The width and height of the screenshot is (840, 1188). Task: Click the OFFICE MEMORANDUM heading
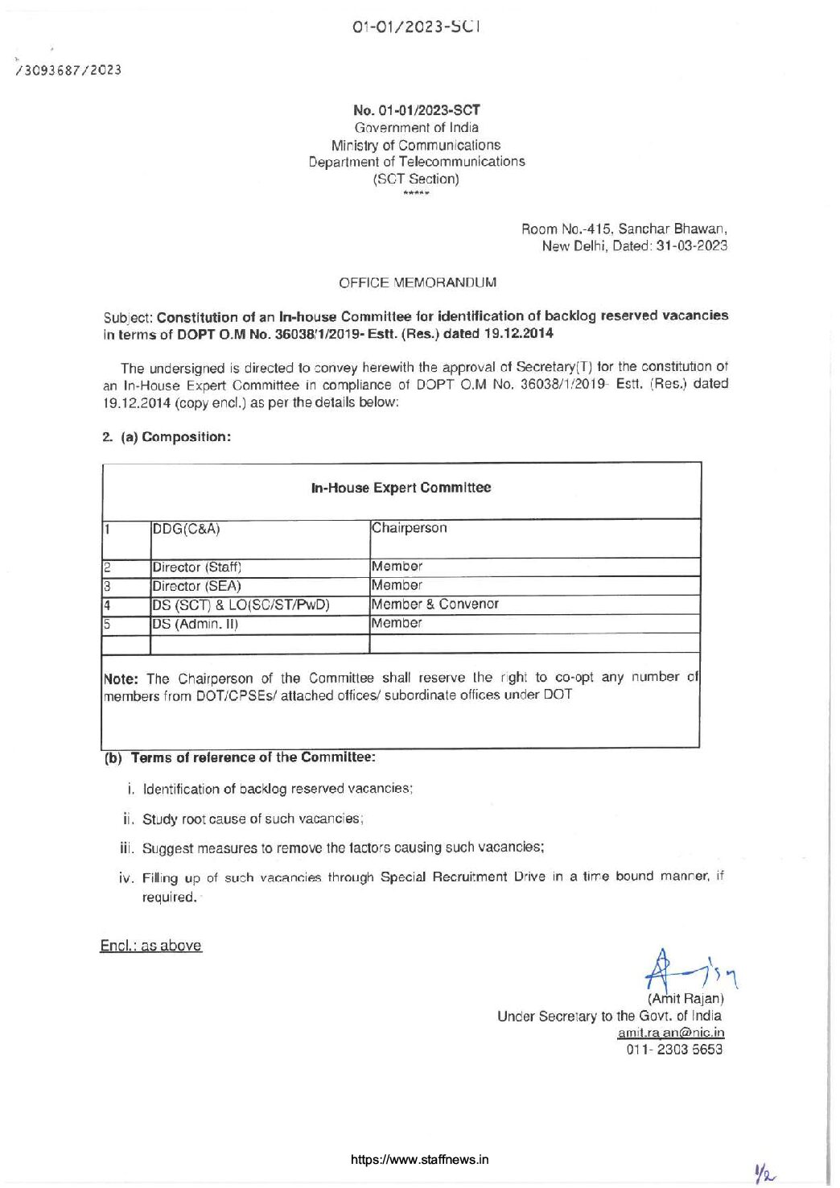coord(418,283)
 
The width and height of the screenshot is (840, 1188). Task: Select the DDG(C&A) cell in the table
coord(186,529)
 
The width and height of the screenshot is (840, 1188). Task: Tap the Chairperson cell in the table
coord(409,528)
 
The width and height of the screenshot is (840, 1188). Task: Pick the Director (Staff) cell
coord(197,567)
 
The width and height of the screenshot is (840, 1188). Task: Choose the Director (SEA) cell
coord(197,586)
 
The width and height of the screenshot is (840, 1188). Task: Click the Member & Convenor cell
coord(435,604)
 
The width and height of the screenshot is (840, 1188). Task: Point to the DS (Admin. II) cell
coord(196,624)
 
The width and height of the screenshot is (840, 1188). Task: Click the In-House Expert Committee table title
coord(401,488)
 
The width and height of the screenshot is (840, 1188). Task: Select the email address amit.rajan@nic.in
coord(671,1033)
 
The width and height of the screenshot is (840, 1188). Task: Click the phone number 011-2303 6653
coord(674,1050)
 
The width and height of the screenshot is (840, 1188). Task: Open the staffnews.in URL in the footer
coord(419,1160)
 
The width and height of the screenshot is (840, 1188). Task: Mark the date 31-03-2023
coord(692,246)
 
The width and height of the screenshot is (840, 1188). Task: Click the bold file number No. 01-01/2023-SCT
coord(417,110)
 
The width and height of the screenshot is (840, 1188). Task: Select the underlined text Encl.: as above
coord(150,946)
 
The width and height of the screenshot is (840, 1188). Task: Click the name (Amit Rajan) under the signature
coord(686,999)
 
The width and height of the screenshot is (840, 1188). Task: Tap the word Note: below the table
coord(121,679)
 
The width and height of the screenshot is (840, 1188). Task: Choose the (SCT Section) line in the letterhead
coord(416,179)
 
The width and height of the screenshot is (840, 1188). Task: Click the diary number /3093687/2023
coord(68,70)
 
